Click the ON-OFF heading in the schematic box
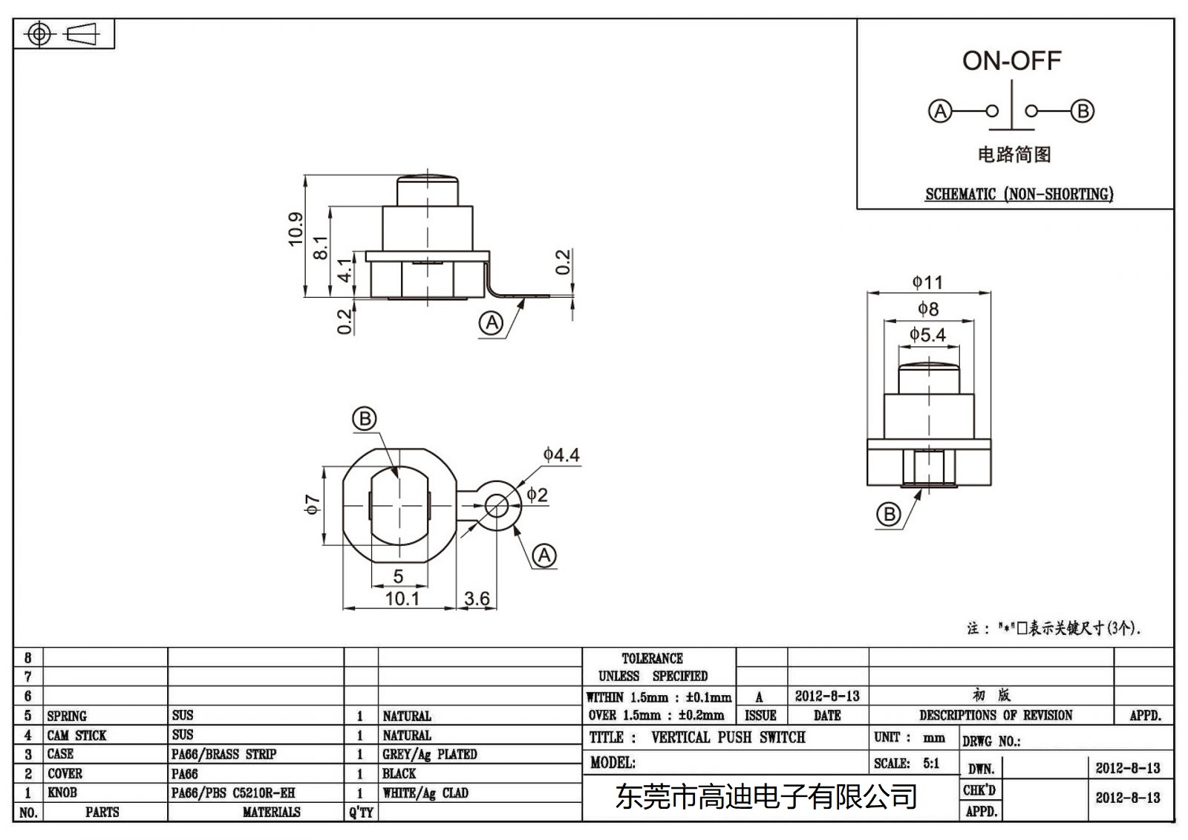(x=1011, y=61)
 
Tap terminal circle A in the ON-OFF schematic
(x=940, y=111)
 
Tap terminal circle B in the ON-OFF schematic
(x=1083, y=111)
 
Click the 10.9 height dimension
(x=296, y=229)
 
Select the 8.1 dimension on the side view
(x=320, y=247)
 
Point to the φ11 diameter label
(x=927, y=282)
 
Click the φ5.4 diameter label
(x=927, y=335)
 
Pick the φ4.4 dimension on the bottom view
(x=561, y=455)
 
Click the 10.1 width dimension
(x=402, y=599)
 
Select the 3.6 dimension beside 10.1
(x=477, y=599)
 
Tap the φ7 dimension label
(x=313, y=504)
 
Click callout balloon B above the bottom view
(x=364, y=419)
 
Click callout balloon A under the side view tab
(x=491, y=323)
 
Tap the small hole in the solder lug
(x=497, y=507)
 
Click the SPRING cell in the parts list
(x=67, y=716)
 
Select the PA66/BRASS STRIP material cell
(x=223, y=754)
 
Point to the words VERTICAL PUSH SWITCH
(x=728, y=738)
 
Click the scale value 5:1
(x=930, y=763)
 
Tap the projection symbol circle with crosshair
(x=39, y=34)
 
